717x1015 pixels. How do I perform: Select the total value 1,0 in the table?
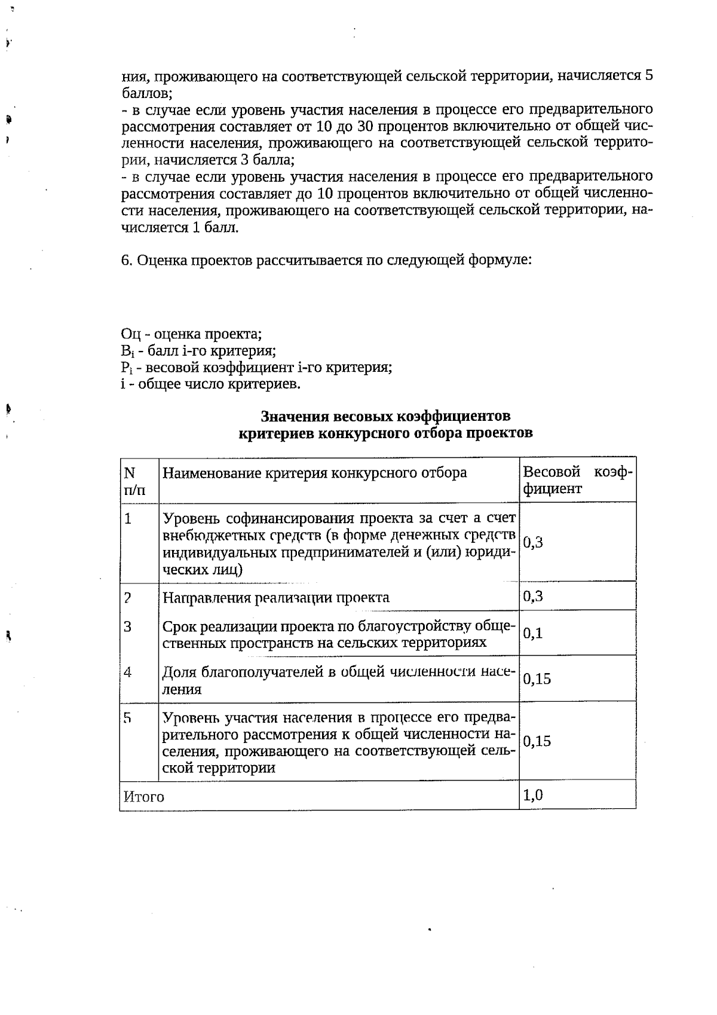click(x=533, y=795)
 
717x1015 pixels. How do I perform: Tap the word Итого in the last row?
click(x=143, y=797)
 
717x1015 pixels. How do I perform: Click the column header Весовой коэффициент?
click(x=577, y=480)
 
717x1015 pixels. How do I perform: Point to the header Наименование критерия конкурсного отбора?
click(x=314, y=473)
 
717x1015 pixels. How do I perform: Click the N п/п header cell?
click(x=134, y=481)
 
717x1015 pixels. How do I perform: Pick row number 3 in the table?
click(x=127, y=626)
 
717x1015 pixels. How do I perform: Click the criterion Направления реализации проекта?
click(x=276, y=597)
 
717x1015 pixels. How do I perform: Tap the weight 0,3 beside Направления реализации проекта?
click(x=533, y=596)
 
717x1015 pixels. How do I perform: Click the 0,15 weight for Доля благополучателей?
click(x=537, y=679)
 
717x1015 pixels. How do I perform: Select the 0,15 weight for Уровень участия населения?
click(x=537, y=741)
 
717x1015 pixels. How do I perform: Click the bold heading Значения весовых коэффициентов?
click(x=385, y=416)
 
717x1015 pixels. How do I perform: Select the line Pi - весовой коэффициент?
click(x=256, y=367)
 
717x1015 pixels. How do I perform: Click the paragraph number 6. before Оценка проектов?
click(x=126, y=261)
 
